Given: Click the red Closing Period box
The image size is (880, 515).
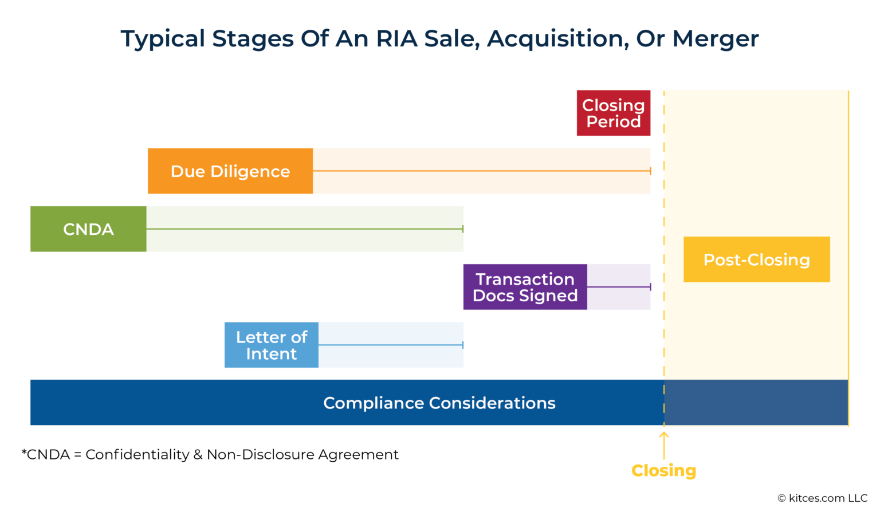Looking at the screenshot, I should [x=613, y=113].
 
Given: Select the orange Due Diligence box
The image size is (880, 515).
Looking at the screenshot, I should [x=230, y=171].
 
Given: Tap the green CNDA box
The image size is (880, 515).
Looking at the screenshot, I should [x=88, y=229].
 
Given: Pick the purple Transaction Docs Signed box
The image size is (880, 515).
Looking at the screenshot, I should [x=525, y=287].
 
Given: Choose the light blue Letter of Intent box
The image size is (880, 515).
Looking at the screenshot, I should [x=272, y=345].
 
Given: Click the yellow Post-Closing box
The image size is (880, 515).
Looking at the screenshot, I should [x=756, y=260].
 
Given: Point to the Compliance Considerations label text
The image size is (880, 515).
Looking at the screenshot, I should [x=439, y=403].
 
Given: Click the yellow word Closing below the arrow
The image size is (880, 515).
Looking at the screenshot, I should [x=663, y=470].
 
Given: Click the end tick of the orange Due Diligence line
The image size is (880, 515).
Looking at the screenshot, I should [x=650, y=171].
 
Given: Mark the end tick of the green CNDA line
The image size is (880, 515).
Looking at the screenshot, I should [x=462, y=229].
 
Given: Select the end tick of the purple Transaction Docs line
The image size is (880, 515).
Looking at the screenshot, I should [x=650, y=287].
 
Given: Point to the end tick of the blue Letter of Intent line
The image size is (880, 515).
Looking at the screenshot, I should [x=462, y=345].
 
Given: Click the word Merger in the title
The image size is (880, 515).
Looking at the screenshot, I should [x=715, y=39].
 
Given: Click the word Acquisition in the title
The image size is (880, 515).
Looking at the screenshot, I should [x=553, y=39].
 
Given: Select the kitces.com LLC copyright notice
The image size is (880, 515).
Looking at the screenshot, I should [x=822, y=498].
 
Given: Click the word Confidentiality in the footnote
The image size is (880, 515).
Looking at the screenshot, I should [x=137, y=455].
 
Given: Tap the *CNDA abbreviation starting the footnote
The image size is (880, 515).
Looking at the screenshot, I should [x=45, y=455].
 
